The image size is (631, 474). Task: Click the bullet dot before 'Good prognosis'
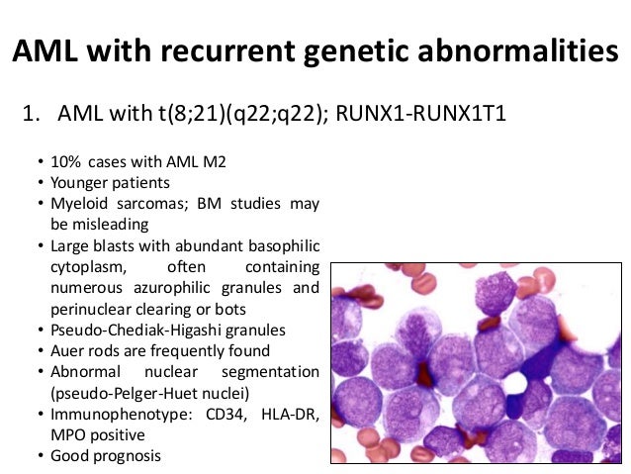[x=39, y=456]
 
